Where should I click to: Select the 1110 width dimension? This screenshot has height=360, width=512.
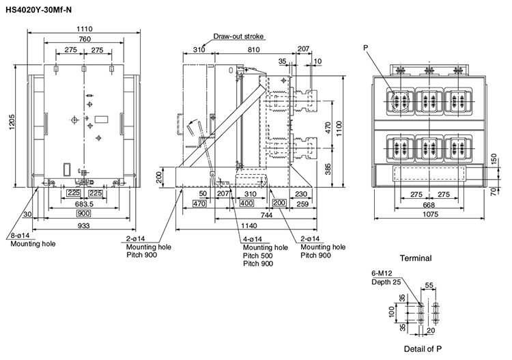pos(84,29)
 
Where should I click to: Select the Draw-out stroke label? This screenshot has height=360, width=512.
pos(238,36)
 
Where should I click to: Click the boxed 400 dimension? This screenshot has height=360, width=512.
pos(247,204)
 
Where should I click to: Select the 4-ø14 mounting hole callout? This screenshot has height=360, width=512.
pos(259,238)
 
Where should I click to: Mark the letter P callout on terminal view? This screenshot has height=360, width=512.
pos(367,49)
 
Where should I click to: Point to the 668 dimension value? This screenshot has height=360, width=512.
pos(428,204)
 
